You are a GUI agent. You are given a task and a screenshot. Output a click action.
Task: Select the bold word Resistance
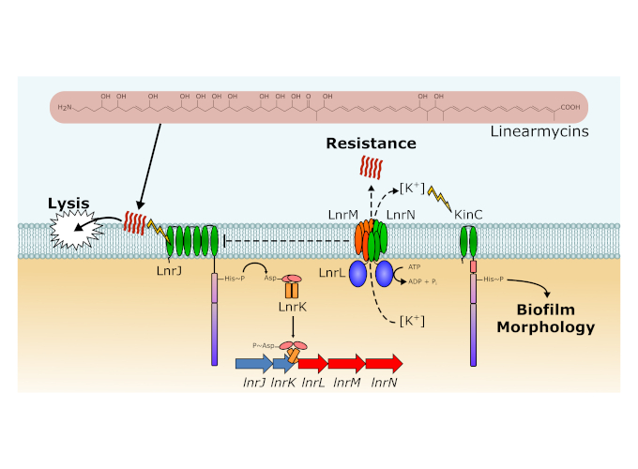click(x=370, y=144)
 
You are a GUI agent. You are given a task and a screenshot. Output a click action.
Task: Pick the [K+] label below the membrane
click(x=409, y=322)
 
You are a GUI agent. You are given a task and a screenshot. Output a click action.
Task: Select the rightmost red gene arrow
click(x=384, y=363)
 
